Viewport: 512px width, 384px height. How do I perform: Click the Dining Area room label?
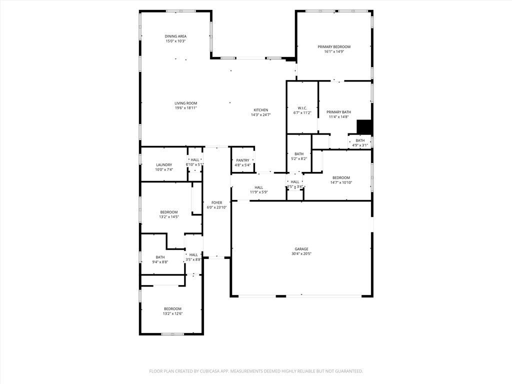[175, 36]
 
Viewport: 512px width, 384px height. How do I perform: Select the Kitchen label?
[260, 110]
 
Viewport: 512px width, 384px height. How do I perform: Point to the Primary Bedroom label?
[334, 46]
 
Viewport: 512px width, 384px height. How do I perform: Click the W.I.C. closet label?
[302, 108]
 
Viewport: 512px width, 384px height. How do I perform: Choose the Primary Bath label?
[339, 112]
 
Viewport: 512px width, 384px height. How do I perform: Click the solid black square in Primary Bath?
[364, 127]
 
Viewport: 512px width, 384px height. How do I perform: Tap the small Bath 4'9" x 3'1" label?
[360, 140]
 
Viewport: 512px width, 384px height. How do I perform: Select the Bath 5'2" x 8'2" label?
[299, 154]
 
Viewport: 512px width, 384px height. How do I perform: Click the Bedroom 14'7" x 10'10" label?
[341, 177]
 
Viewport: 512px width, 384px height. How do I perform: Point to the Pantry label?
[243, 160]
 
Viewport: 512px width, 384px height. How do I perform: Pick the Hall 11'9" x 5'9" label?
[258, 187]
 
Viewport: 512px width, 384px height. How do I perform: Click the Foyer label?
[216, 202]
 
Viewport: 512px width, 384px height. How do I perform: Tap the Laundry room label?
[164, 164]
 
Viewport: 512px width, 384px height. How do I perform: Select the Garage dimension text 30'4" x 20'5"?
[301, 253]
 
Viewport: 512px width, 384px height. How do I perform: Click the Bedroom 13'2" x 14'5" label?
[169, 212]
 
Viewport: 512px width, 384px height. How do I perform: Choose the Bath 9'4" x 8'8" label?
[160, 257]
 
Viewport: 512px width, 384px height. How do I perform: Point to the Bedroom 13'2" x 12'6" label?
[172, 308]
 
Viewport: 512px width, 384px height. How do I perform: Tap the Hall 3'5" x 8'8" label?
[193, 255]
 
